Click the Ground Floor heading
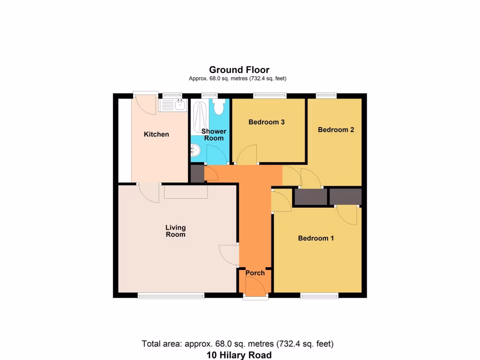(239, 70)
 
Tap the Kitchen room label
(156, 135)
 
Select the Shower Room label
(214, 135)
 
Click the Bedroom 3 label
(267, 122)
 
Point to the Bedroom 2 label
(336, 130)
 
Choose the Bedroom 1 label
(316, 238)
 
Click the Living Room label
(175, 231)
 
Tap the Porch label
(255, 273)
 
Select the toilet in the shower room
(218, 107)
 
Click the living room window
(171, 295)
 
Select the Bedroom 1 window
(319, 295)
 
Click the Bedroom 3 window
(270, 96)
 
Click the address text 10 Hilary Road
(239, 355)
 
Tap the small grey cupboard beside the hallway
(197, 174)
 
